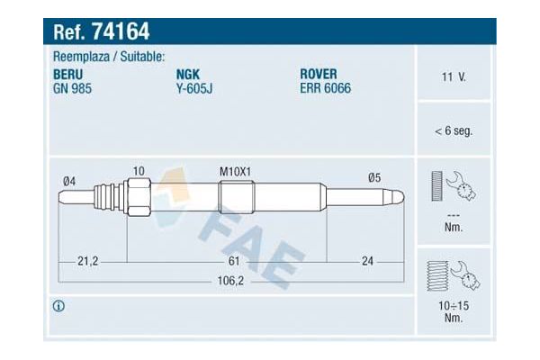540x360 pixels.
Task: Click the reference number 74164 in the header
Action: (121, 31)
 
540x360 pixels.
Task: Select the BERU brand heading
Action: (67, 75)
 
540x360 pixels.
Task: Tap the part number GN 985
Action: (72, 88)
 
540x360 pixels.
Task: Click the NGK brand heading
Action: (188, 75)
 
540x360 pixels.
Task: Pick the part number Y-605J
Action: (194, 88)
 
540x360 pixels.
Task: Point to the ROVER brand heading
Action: (319, 74)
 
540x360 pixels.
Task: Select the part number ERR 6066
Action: (326, 88)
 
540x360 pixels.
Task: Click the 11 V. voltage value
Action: (454, 76)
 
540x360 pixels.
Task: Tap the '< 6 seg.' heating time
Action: (454, 130)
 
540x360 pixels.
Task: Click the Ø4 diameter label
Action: (69, 181)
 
